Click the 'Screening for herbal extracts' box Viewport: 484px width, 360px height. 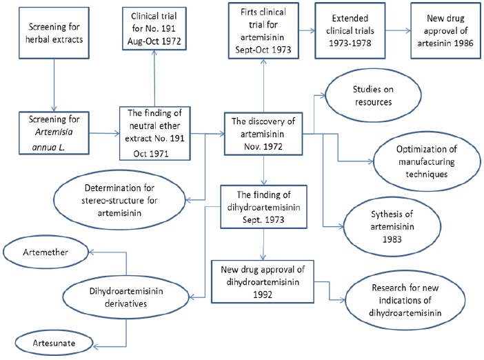[54, 33]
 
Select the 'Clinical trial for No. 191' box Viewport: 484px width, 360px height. [154, 28]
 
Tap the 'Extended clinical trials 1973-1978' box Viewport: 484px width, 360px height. [350, 30]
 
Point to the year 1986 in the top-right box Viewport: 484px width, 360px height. [463, 43]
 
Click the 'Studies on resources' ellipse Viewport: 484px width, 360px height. [373, 95]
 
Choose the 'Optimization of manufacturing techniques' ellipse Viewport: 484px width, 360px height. [427, 161]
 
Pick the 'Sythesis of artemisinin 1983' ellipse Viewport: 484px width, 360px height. [392, 227]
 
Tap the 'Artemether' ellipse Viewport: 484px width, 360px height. [46, 252]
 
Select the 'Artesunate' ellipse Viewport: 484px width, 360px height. [54, 343]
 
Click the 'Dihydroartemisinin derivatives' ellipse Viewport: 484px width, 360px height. [126, 297]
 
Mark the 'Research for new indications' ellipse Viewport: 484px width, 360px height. [405, 300]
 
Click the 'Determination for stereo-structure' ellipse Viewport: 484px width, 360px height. [119, 200]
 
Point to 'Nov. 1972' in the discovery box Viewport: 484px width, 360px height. [263, 147]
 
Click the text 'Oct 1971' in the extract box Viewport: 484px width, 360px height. [151, 154]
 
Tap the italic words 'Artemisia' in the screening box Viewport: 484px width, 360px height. [54, 132]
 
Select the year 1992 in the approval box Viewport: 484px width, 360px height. [263, 294]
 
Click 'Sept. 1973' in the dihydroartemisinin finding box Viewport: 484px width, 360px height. [263, 220]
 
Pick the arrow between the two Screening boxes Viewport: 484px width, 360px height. [54, 86]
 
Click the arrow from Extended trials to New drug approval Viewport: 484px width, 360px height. [399, 30]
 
